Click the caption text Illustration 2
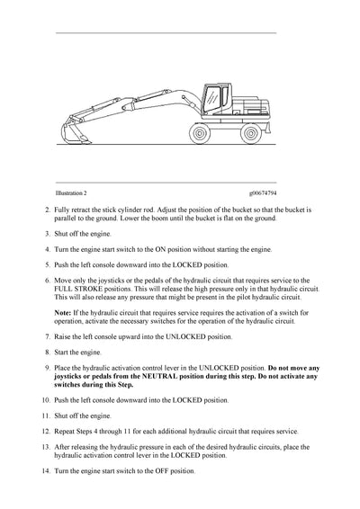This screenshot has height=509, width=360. (x=71, y=192)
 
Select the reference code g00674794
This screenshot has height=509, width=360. (x=264, y=192)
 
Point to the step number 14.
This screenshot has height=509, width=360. (x=47, y=472)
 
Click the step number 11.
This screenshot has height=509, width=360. (x=47, y=416)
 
